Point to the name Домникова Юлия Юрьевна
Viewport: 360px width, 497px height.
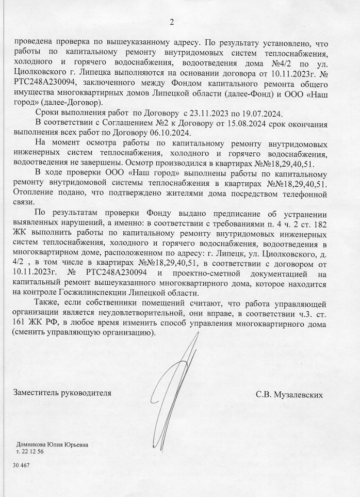pos(52,444)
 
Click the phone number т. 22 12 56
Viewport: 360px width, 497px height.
pos(30,452)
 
